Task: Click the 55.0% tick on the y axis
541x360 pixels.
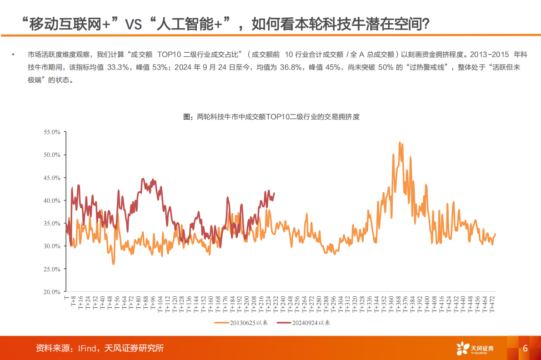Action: [51, 132]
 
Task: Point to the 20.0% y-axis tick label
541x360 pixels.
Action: [51, 292]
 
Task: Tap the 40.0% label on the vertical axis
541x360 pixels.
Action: [51, 200]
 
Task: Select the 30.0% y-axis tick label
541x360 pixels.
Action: [51, 246]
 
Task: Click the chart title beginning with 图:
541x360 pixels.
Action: [271, 117]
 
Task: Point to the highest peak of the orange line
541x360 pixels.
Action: [400, 142]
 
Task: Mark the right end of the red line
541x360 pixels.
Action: [274, 193]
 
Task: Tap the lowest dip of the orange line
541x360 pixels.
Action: [113, 264]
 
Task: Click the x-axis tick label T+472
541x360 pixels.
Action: [491, 304]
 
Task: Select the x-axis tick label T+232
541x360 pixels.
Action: [276, 304]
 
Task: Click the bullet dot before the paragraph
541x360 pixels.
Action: [14, 55]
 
